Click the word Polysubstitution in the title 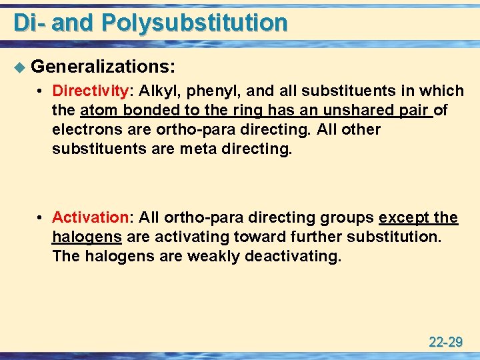[195, 23]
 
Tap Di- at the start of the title [29, 23]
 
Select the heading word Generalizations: [103, 66]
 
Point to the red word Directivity [90, 91]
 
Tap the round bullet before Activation [41, 218]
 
